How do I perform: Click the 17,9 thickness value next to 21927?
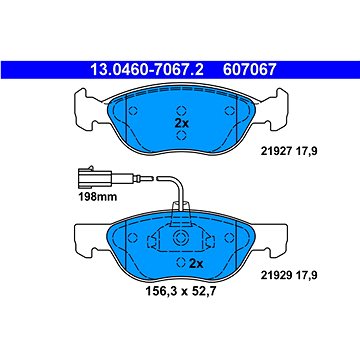coord(323,148)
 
